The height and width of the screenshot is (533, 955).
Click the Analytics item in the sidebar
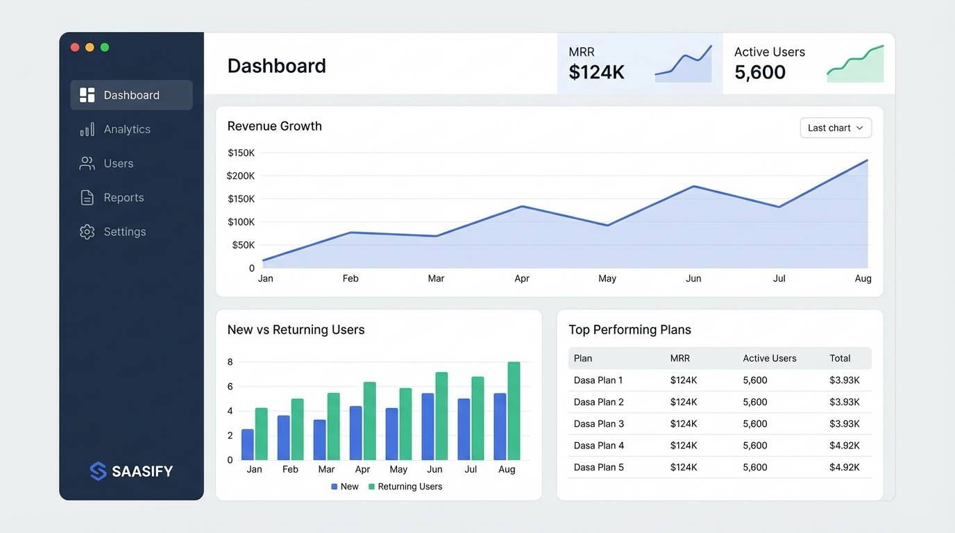coord(126,129)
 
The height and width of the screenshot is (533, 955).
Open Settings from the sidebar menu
coord(124,232)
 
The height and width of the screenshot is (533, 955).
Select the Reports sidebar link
coord(124,198)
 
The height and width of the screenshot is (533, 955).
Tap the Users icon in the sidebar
coord(87,164)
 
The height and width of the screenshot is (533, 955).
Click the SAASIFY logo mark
coord(99,471)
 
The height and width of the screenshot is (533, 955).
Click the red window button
coord(75,47)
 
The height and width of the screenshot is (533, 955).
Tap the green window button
coord(105,47)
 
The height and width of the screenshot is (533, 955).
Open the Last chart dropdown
coord(835,128)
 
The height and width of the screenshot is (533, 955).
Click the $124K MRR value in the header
coord(596,72)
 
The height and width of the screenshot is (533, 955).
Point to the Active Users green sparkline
coord(855,65)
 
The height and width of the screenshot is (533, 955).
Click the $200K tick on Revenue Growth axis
coord(241,176)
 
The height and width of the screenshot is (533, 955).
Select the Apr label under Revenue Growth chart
coord(522,278)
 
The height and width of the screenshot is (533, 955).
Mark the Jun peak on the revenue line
coord(693,186)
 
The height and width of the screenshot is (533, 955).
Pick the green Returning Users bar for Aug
coord(514,411)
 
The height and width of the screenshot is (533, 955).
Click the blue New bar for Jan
coord(247,444)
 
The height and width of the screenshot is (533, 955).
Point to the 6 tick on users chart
coord(230,387)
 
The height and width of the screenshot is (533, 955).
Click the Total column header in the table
coord(840,358)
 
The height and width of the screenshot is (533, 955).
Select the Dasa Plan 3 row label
coord(598,423)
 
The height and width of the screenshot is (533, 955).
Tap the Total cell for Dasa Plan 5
coord(844,467)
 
